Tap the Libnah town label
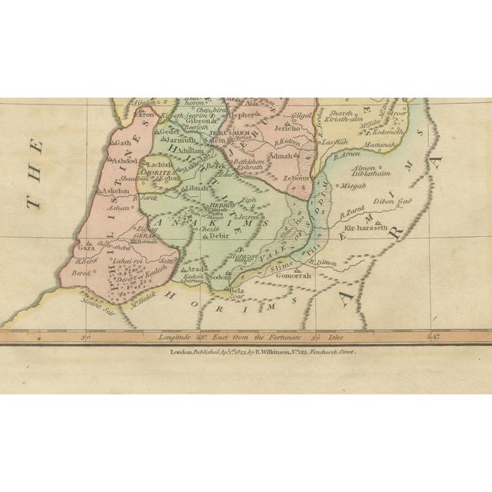tap(198, 188)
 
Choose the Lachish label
tap(164, 165)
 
